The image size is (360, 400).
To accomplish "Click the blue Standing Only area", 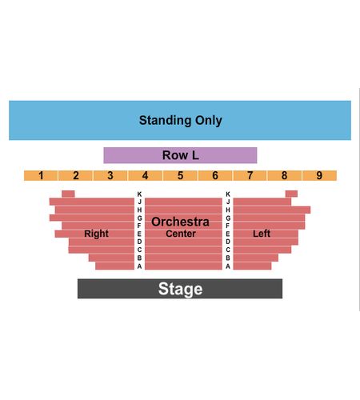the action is point(180,120).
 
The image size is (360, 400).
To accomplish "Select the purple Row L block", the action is point(180,155).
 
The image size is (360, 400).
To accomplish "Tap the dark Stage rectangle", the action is point(180,289).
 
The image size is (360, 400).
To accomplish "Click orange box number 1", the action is point(41,175).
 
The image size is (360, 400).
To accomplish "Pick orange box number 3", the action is point(110,175).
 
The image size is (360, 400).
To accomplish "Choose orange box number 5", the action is point(180,175).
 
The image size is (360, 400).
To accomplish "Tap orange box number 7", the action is point(250,175).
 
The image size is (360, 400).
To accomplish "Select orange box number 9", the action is point(319,175).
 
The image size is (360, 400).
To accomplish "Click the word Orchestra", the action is point(180,222).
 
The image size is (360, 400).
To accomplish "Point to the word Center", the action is point(181,234).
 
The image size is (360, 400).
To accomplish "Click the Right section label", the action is point(96,234).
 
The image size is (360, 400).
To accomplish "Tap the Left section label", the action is point(262,234).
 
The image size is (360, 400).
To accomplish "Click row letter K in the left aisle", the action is point(139,194).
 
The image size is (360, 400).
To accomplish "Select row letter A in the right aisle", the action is point(228,266).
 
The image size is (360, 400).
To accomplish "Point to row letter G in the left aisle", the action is point(139,218).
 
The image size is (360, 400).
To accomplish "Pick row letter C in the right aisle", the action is point(228,250).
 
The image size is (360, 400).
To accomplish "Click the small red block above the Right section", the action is point(68,194).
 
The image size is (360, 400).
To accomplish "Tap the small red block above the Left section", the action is point(291,194).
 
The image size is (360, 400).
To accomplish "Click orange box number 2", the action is point(76,175).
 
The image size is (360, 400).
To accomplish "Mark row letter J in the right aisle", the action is point(228,202).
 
